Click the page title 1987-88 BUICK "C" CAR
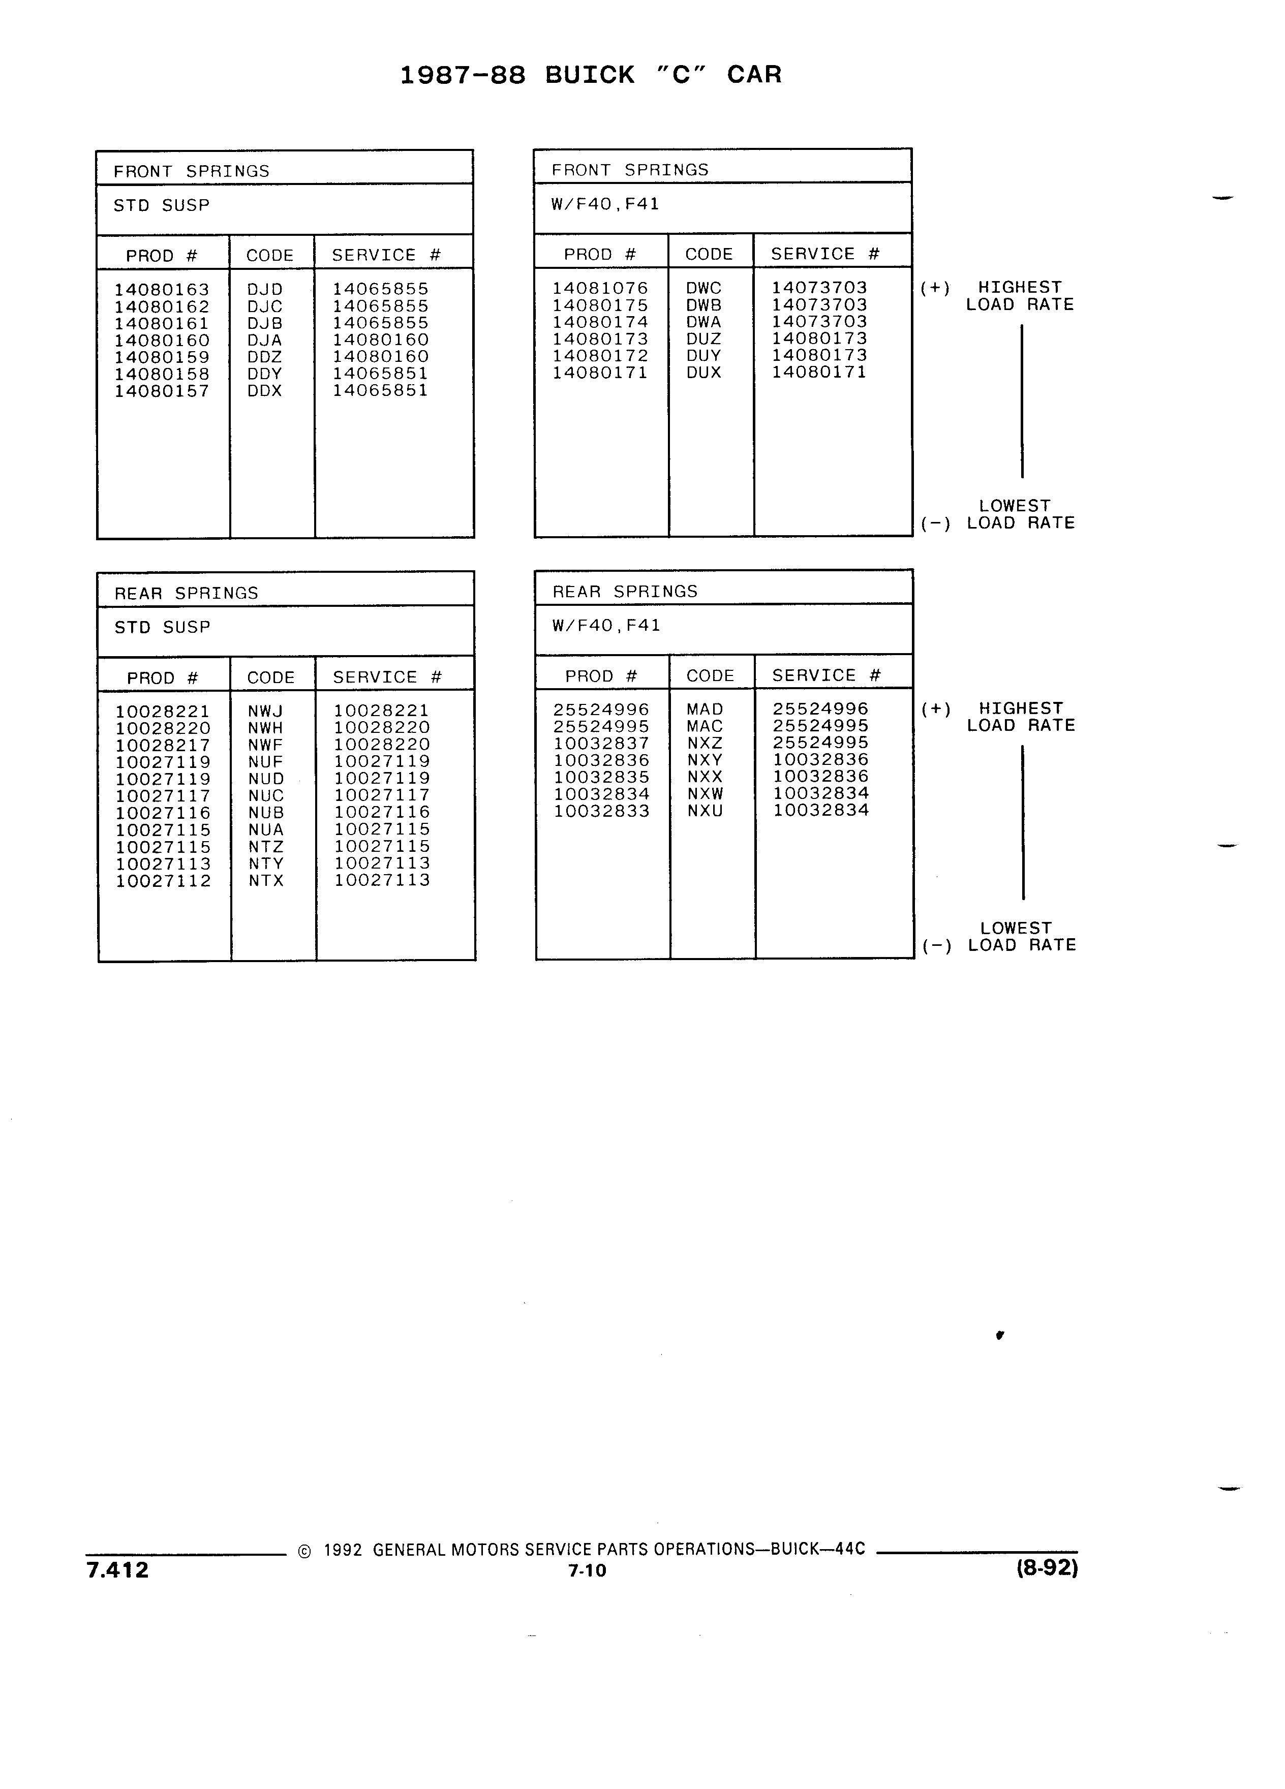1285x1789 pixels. click(591, 75)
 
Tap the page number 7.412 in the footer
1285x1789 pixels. click(117, 1570)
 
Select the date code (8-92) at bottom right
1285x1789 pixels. click(1047, 1567)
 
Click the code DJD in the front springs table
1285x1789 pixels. click(265, 290)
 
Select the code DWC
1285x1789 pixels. click(703, 288)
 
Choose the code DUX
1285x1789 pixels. click(703, 373)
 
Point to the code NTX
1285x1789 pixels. click(266, 880)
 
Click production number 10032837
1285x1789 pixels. click(601, 743)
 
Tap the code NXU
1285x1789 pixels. click(705, 811)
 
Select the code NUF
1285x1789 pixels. click(266, 762)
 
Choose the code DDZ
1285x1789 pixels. click(265, 357)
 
